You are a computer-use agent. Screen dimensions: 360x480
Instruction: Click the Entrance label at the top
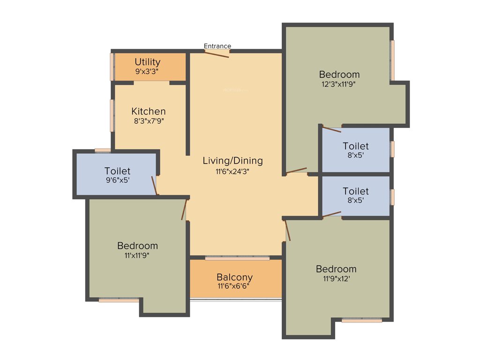(x=217, y=46)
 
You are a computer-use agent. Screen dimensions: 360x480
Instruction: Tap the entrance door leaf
(x=217, y=54)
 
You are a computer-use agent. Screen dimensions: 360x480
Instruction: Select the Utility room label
(x=148, y=62)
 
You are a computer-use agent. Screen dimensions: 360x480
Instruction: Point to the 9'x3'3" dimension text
(x=148, y=72)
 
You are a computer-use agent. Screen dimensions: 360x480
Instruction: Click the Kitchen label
(x=148, y=112)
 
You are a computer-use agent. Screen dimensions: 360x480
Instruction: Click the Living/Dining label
(x=232, y=161)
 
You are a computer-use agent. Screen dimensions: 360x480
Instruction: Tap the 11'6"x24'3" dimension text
(x=232, y=172)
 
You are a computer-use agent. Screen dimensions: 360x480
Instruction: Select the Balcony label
(x=234, y=277)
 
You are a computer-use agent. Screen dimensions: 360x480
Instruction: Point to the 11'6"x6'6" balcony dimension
(x=234, y=286)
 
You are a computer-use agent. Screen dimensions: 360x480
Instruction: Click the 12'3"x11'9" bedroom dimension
(x=339, y=84)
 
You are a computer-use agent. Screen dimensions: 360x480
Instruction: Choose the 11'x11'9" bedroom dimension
(x=137, y=255)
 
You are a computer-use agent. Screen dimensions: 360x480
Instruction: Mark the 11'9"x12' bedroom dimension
(x=336, y=279)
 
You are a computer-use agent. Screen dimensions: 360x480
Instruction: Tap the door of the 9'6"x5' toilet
(x=154, y=185)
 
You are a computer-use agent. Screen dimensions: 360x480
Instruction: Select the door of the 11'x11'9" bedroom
(x=185, y=210)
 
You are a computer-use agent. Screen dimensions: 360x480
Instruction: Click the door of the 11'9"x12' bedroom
(x=288, y=231)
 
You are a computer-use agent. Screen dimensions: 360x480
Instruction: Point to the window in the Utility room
(x=112, y=67)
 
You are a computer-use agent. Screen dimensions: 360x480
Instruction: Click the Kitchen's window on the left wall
(x=112, y=115)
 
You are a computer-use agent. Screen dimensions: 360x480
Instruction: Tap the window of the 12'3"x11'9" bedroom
(x=392, y=60)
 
